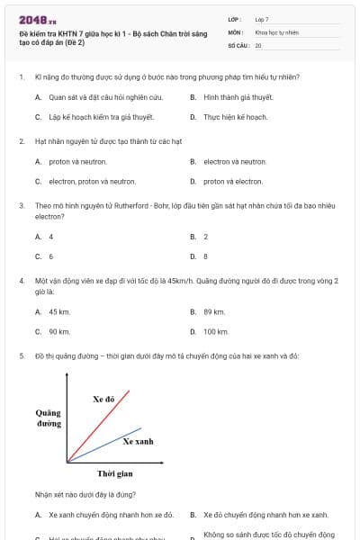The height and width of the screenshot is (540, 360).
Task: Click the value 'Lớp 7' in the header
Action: [x=262, y=18]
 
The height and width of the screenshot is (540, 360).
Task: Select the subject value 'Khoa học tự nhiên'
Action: [x=276, y=31]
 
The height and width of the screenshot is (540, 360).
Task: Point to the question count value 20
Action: [x=258, y=44]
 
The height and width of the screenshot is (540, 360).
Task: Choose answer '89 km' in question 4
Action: [x=214, y=311]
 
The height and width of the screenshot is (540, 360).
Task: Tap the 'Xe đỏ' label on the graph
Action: [x=103, y=398]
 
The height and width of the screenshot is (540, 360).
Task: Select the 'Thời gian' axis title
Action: [x=115, y=472]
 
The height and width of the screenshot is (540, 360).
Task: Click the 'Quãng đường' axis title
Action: [x=49, y=417]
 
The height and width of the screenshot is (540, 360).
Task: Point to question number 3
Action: [x=21, y=205]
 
